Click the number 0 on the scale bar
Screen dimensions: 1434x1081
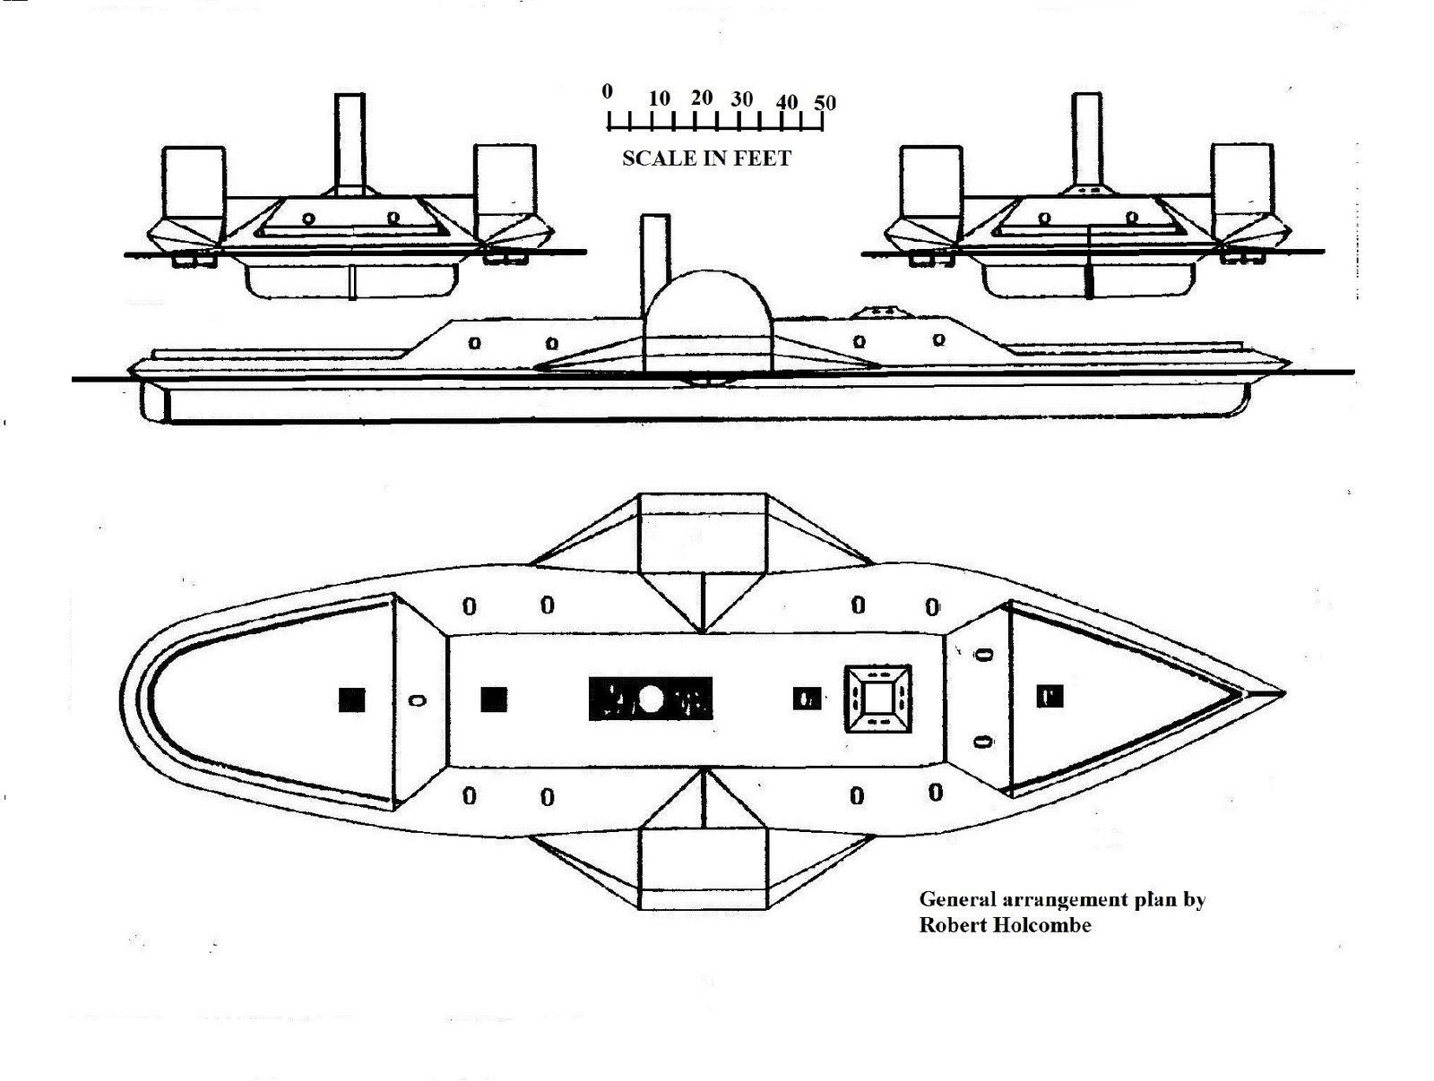607,91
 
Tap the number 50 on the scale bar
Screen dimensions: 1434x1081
825,102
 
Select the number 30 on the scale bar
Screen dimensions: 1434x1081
741,99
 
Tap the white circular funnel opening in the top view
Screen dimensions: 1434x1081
650,699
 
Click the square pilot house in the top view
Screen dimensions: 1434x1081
877,699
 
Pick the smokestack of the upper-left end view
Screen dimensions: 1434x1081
350,143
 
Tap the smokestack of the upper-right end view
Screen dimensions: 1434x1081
1086,140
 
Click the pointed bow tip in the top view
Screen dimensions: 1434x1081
1283,694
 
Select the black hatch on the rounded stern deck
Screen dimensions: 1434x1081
352,699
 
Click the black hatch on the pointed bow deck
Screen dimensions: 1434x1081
1050,697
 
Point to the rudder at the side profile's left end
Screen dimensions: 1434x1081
155,402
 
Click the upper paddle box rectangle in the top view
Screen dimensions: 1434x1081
702,533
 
